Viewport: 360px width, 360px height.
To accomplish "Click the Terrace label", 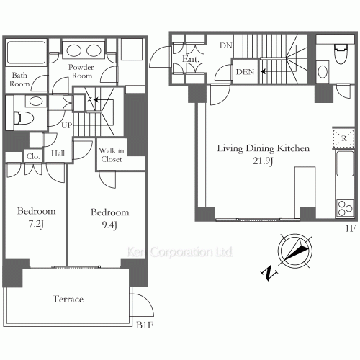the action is coord(68,299).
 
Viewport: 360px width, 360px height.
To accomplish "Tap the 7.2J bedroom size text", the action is coord(36,224).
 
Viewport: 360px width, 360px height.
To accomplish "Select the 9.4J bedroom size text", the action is coord(109,225).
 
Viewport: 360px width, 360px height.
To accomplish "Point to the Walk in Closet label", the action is coord(112,155).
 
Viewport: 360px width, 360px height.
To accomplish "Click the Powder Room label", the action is coord(81,71).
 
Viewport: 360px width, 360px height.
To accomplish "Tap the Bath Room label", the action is coord(19,79).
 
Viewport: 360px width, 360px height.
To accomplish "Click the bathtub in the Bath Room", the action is coord(26,53).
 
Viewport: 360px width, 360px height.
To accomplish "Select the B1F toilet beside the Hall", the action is coord(24,119).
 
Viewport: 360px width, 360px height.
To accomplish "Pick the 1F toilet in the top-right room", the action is coord(341,54).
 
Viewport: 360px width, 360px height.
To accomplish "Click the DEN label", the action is coord(245,72).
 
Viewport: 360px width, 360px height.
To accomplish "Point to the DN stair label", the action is coord(226,45).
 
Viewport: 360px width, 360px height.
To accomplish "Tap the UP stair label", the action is coord(66,125).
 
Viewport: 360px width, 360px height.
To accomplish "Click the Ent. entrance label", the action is coord(191,59).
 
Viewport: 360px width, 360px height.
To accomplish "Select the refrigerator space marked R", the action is coord(343,138).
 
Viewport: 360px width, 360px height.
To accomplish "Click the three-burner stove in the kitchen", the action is coord(345,208).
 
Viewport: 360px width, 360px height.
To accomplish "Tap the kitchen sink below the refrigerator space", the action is coord(345,164).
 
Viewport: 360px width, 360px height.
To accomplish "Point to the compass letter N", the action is coord(269,273).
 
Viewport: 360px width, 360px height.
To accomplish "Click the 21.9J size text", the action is coord(263,161).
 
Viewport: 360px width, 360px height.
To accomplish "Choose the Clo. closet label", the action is coord(33,156).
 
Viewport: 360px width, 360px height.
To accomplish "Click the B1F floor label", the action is coord(145,325).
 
